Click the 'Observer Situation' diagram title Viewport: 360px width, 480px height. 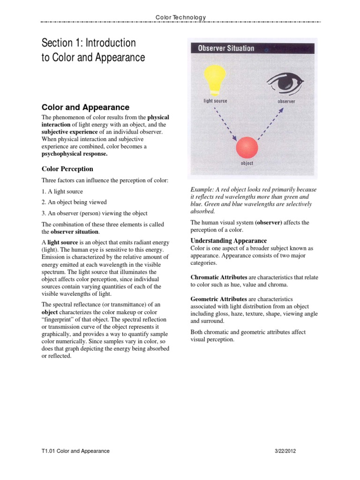pos(226,48)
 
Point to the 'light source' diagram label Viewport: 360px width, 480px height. pos(215,101)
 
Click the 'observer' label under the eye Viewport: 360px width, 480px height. pos(286,101)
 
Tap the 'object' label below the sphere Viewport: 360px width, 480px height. pos(247,164)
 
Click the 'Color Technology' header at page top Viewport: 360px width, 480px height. pos(180,17)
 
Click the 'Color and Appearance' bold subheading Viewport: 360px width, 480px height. pos(85,107)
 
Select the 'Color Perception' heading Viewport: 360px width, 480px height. pos(67,169)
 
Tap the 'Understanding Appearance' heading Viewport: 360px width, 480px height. pos(229,240)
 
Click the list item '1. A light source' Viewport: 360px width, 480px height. pos(62,192)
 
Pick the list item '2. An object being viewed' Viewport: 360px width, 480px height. pos(75,202)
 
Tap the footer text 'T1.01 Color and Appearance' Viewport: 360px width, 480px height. pos(75,451)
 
